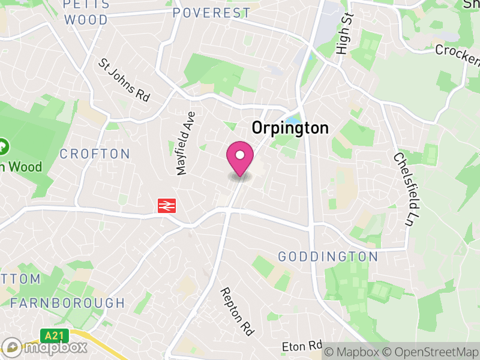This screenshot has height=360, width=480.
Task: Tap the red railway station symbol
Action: point(166,206)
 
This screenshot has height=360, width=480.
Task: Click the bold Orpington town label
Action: point(290,128)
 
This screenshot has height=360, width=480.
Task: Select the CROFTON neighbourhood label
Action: point(95,154)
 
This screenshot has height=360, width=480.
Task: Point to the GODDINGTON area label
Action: point(328,257)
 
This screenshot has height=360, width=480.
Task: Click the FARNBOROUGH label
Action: point(67,303)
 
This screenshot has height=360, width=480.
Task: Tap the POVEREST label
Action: point(211,13)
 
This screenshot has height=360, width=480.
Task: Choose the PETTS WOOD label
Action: point(86,12)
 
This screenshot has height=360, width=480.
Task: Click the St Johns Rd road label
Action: point(125,80)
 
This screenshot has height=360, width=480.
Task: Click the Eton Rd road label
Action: point(302,347)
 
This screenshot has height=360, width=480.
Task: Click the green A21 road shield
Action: point(52,334)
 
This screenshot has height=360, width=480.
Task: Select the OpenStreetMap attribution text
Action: point(430,351)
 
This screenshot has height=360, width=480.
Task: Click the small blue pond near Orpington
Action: point(292,119)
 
